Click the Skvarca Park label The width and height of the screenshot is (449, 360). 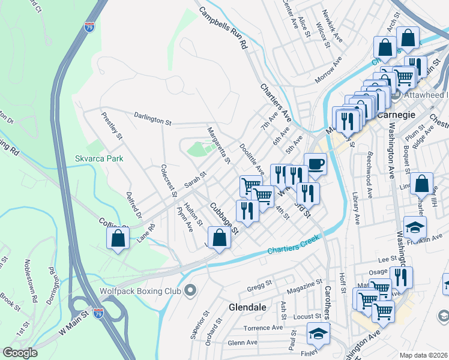point(99,158)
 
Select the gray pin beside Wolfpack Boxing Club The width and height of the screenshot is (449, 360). point(191,292)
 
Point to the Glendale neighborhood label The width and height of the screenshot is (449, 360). point(247,307)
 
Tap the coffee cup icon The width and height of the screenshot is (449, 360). point(315,163)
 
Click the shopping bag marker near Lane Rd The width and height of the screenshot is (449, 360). point(118,238)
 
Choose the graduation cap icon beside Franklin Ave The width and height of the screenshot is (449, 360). point(415,226)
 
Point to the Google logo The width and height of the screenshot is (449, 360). point(20,353)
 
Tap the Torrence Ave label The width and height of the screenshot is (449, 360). point(263,328)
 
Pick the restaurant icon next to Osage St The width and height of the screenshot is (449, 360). point(400,277)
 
